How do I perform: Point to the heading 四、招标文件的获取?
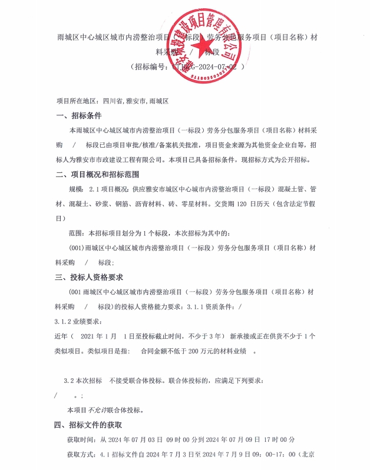click(89, 425)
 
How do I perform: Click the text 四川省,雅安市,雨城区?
click(136, 100)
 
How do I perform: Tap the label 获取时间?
click(79, 439)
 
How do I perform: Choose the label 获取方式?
click(79, 454)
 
